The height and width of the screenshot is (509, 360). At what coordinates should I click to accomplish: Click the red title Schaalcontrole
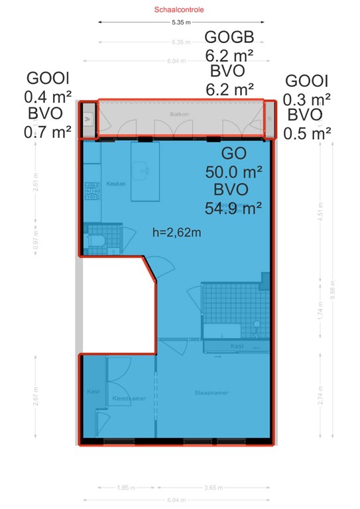coord(179,10)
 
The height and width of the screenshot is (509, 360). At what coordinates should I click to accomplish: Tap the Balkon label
coord(179,114)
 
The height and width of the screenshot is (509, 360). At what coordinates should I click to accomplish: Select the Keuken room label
coord(115,184)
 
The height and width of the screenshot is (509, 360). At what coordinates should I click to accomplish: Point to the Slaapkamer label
coord(211,393)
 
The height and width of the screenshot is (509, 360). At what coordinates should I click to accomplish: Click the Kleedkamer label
coord(129,399)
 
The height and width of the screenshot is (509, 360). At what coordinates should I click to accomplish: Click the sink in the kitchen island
coord(141,170)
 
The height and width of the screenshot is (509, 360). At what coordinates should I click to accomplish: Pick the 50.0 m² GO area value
coord(234,172)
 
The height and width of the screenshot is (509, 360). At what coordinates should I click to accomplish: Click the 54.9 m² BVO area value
coord(233,209)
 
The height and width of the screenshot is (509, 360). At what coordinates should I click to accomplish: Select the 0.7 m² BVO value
coord(47,132)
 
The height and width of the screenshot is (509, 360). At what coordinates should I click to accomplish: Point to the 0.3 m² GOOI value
coord(307,99)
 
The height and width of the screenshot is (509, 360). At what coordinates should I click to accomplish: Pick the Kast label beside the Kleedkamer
coord(92,392)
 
